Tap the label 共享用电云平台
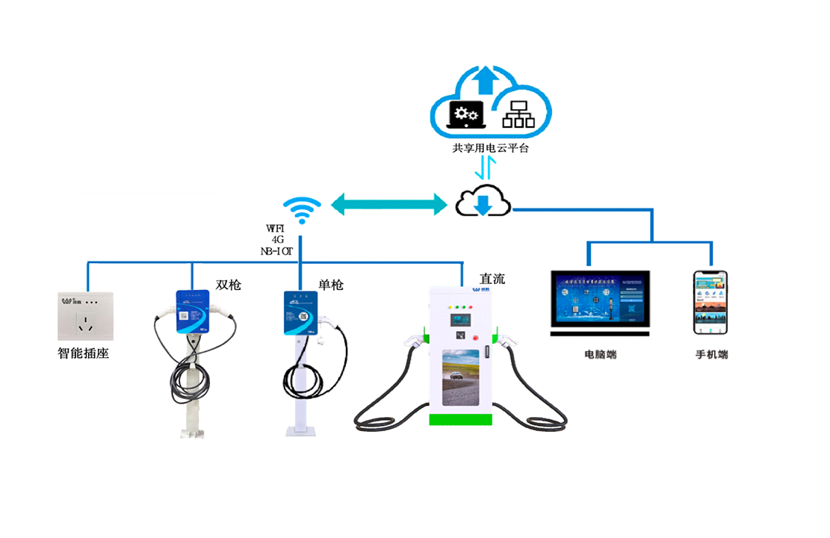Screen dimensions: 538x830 (x=490, y=148)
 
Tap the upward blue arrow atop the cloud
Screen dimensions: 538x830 (x=486, y=77)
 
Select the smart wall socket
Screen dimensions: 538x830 (x=85, y=316)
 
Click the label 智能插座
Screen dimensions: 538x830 (x=84, y=353)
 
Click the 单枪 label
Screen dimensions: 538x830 (x=331, y=285)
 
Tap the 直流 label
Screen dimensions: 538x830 (x=492, y=279)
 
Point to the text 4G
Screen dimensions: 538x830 (x=278, y=240)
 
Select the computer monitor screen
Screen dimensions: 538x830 (x=600, y=302)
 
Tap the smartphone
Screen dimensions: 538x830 (x=710, y=303)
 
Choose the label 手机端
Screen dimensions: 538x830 (x=711, y=354)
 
